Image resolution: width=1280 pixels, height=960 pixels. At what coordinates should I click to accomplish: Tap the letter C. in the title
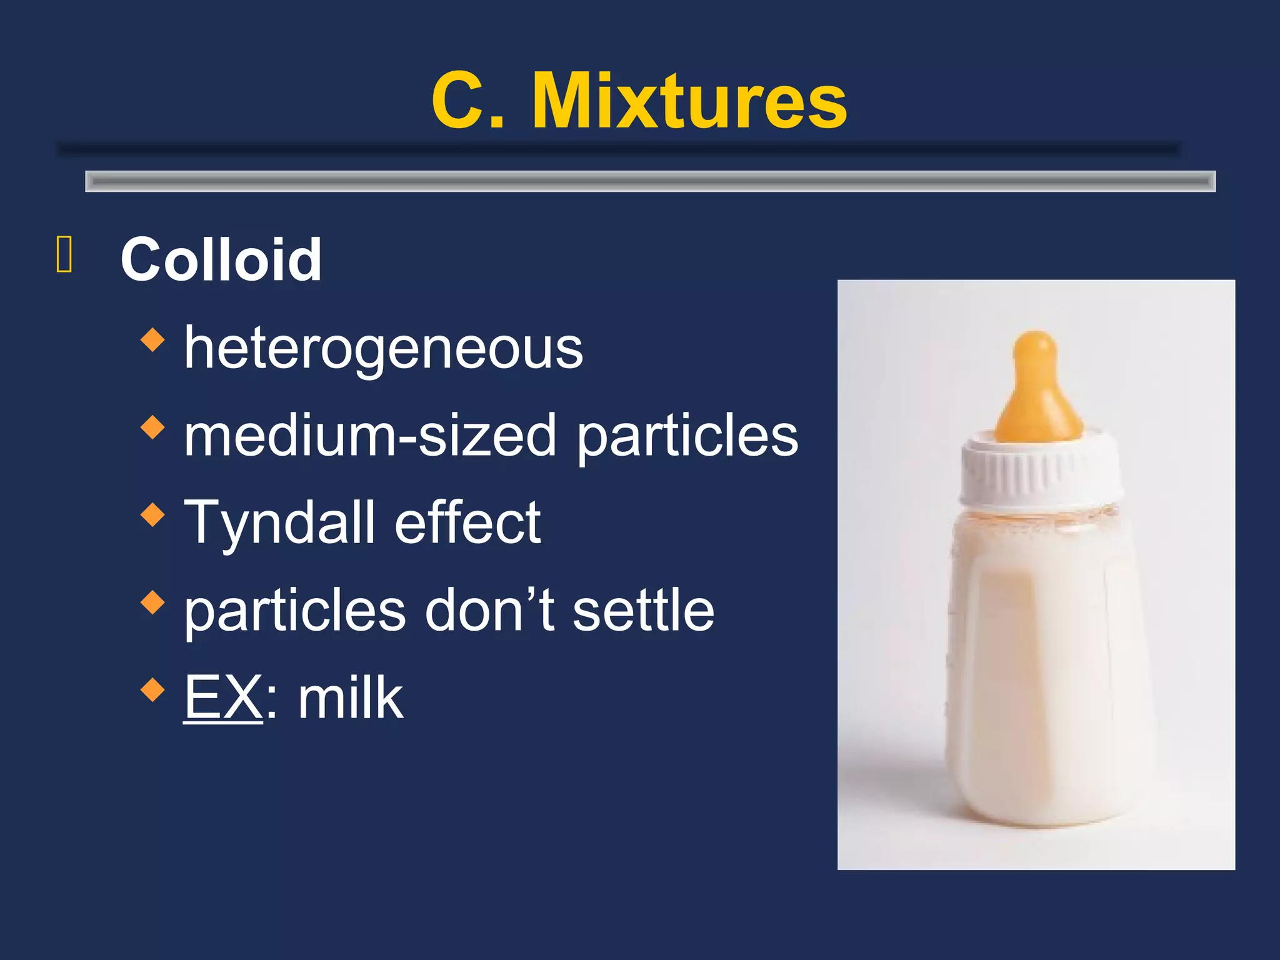tap(467, 101)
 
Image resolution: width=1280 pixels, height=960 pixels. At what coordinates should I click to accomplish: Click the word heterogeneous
tap(383, 349)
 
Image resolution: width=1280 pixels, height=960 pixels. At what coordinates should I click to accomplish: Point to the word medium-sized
tap(369, 436)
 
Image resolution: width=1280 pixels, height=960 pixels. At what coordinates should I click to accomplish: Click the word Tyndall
tap(279, 523)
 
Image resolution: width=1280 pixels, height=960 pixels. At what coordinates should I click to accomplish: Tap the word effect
tap(467, 523)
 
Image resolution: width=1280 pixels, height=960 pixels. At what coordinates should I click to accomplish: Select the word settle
tap(643, 611)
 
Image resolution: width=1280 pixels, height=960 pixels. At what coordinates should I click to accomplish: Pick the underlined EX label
tap(223, 698)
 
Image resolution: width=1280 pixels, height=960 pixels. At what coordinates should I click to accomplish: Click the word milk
tap(351, 698)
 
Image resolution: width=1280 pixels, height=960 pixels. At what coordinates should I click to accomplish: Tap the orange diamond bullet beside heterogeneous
tap(152, 341)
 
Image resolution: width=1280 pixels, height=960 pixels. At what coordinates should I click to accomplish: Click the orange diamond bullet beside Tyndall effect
tap(152, 516)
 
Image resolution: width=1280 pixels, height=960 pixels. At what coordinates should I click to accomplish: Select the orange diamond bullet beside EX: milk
tap(152, 691)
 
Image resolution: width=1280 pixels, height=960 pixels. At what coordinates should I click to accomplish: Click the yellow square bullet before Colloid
tap(64, 254)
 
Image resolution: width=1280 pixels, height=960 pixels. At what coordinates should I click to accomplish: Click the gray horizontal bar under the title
tap(650, 181)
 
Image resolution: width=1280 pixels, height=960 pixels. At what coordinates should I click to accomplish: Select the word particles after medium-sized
tap(687, 436)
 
